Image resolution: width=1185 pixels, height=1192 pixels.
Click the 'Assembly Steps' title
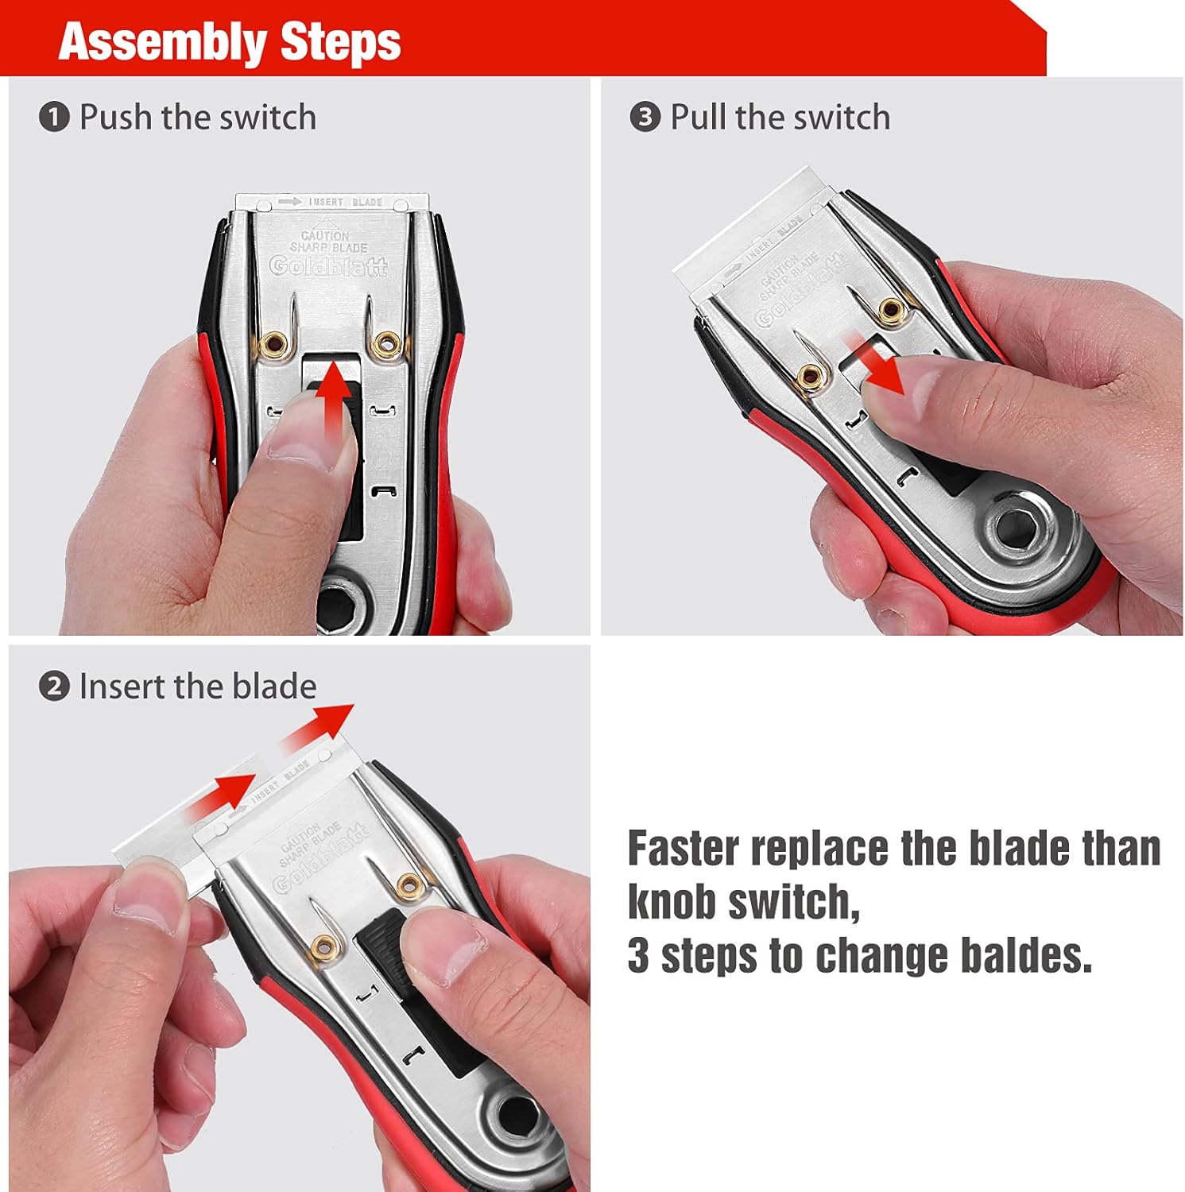230,42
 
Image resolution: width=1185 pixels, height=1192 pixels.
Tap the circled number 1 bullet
54,118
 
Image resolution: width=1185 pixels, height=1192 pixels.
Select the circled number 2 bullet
54,687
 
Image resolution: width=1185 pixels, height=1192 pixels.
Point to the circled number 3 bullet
645,118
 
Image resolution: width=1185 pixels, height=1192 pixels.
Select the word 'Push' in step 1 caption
115,118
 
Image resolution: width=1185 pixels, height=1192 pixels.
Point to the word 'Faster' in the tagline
684,849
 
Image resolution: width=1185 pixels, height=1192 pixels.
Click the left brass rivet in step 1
277,344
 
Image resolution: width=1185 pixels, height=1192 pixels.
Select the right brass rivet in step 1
389,344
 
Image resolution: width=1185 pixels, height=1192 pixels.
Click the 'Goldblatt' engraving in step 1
328,266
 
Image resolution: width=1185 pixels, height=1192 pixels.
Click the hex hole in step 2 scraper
517,1112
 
